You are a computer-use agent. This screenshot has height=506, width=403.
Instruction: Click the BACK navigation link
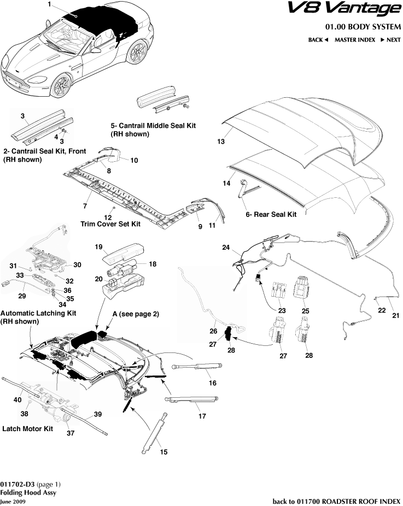[318, 40]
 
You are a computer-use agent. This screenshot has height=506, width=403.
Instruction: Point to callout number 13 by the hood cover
[221, 142]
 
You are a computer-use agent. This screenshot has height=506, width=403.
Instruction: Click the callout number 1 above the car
[49, 5]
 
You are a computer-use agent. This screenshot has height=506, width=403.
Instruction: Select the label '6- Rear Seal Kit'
[271, 215]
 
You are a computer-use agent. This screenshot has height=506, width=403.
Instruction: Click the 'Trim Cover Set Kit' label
[110, 224]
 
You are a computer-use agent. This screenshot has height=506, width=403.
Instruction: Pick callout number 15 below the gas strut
[163, 452]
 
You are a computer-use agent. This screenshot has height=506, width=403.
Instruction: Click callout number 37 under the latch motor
[70, 434]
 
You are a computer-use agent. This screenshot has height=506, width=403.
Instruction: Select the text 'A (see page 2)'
[135, 315]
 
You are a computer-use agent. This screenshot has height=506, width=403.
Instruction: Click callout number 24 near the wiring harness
[225, 248]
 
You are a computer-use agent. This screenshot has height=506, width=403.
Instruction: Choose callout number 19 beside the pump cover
[99, 247]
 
